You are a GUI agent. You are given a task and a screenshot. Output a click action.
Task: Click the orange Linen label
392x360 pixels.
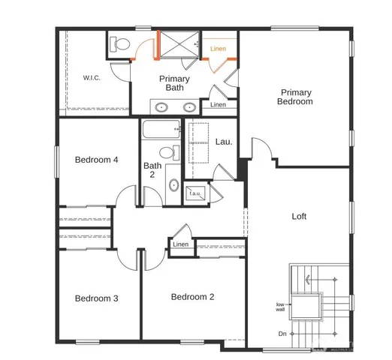tap(218, 49)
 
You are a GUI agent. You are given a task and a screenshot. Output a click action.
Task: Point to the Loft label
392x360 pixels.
tap(299, 217)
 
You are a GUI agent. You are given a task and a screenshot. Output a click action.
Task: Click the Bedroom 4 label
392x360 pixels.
tap(96, 160)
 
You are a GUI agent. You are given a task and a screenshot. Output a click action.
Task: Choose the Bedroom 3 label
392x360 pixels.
tap(96, 298)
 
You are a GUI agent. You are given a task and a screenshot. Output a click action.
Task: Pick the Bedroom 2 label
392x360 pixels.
tap(192, 297)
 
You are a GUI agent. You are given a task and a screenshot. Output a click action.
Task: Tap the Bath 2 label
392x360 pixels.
tap(152, 170)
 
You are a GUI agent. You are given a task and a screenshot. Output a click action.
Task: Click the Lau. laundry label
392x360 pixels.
tap(223, 142)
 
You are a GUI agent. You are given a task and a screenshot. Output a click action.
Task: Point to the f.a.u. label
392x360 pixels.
tap(195, 193)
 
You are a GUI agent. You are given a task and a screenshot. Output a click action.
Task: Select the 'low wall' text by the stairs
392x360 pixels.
tap(279, 306)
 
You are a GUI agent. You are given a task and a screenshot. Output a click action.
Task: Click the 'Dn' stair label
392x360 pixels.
tap(282, 334)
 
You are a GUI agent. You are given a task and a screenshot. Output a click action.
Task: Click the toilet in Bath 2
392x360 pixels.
tap(169, 154)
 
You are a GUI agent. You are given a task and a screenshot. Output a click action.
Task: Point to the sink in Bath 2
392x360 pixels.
tap(173, 184)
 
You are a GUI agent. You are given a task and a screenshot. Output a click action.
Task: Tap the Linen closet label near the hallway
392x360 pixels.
tap(181, 245)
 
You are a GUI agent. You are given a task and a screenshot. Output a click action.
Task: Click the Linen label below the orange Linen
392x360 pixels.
tap(218, 105)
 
